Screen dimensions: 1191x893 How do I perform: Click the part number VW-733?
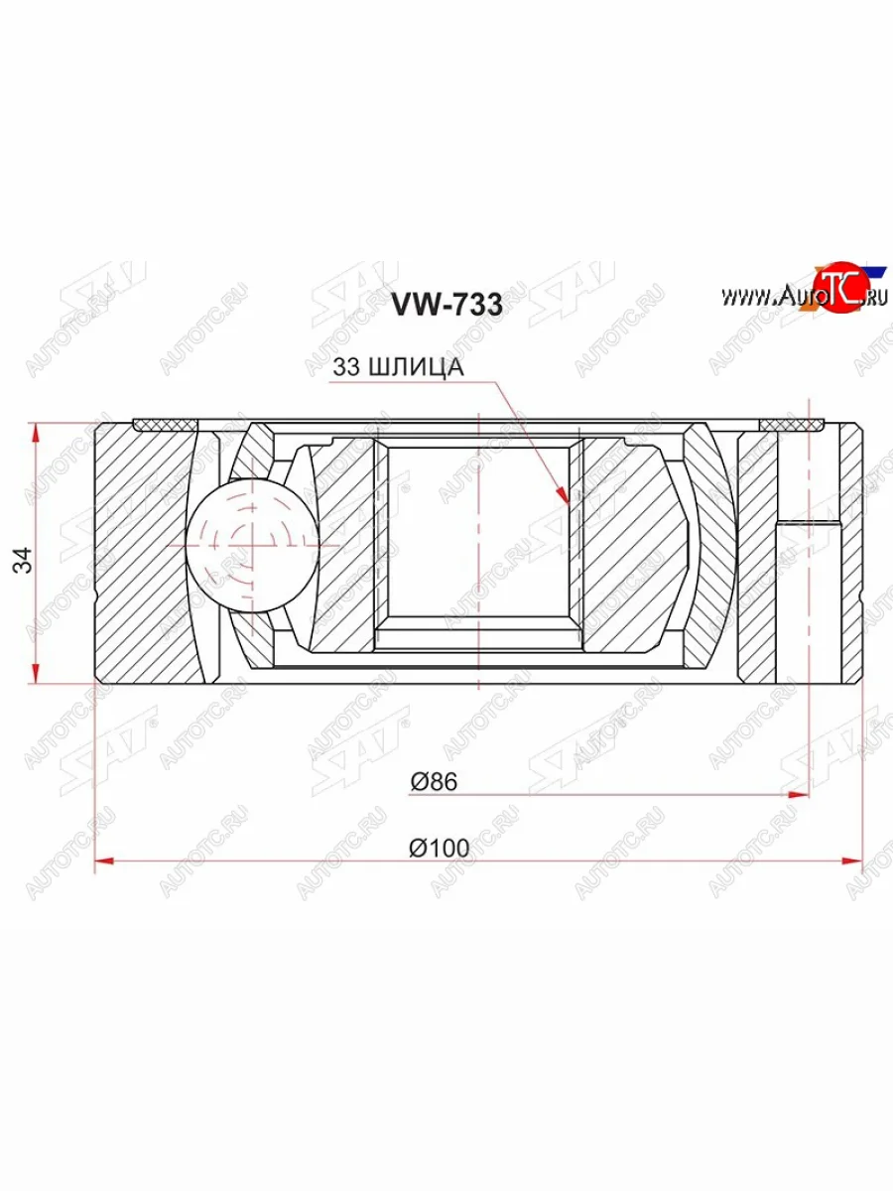point(446,305)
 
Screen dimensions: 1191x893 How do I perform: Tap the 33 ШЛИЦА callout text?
point(398,367)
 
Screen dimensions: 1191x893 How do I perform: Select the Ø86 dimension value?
point(433,782)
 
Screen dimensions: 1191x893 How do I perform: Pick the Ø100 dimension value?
point(438,848)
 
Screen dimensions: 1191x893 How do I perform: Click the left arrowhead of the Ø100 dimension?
point(104,860)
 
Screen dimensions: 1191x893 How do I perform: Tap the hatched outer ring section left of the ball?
point(144,551)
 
